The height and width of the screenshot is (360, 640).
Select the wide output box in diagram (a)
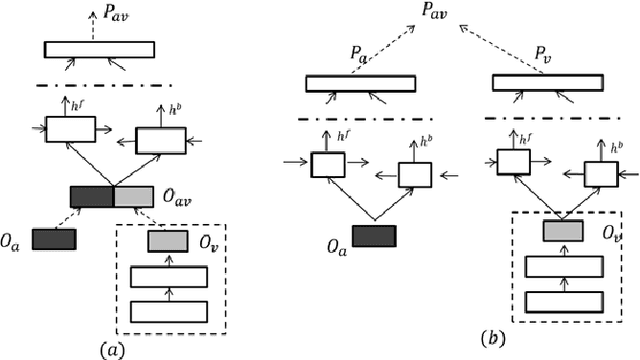point(98,49)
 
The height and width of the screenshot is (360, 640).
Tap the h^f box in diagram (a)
point(69,128)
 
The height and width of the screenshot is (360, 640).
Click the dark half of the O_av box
point(91,197)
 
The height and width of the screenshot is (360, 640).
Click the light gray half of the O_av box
point(133,197)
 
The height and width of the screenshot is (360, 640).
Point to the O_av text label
point(178,204)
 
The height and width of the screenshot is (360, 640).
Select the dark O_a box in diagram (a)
point(54,239)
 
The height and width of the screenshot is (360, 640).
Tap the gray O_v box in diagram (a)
point(167,241)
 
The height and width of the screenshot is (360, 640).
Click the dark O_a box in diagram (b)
point(374,234)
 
